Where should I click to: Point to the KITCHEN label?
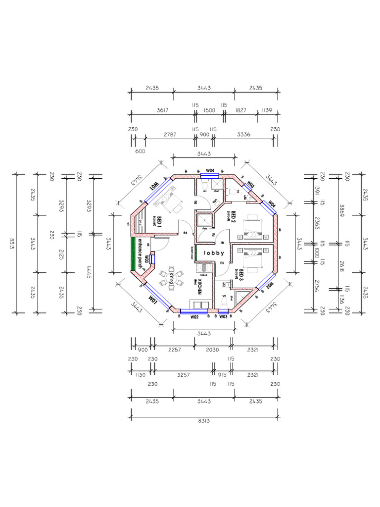(x=199, y=286)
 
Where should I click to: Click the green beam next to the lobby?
(x=196, y=253)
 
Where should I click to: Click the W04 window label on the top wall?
(x=210, y=170)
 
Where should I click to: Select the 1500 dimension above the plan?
(x=209, y=110)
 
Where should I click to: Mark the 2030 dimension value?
(x=212, y=350)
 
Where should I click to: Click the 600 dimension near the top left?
(x=141, y=152)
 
